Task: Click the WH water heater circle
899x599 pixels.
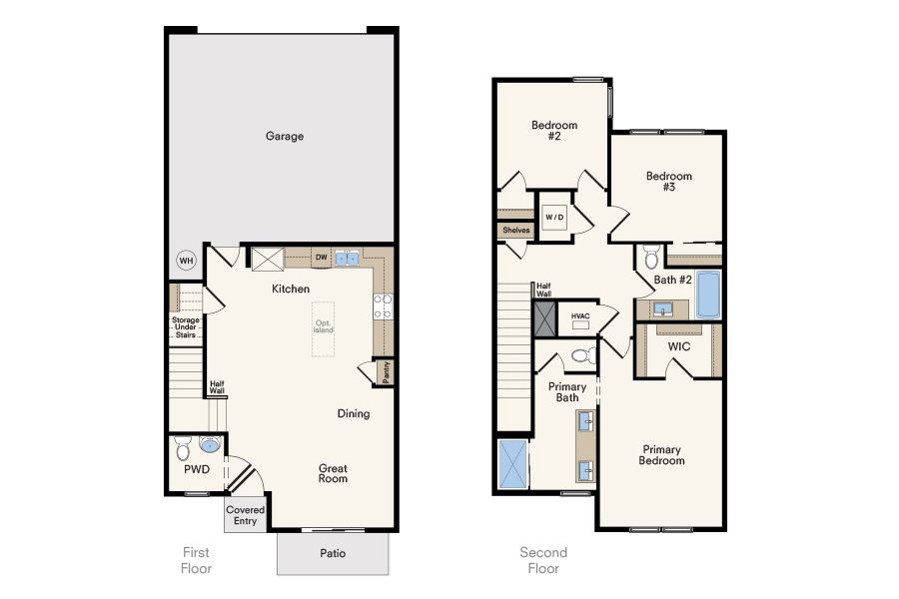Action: pyautogui.click(x=187, y=261)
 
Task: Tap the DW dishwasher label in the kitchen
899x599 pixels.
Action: pyautogui.click(x=321, y=258)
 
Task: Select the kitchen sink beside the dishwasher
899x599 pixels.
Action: pyautogui.click(x=347, y=258)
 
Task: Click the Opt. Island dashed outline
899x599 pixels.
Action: pyautogui.click(x=324, y=329)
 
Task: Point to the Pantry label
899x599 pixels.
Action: pyautogui.click(x=386, y=372)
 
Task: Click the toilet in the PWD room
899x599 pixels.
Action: pyautogui.click(x=183, y=448)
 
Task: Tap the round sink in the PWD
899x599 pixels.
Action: pyautogui.click(x=211, y=444)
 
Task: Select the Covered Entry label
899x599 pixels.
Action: pyautogui.click(x=245, y=515)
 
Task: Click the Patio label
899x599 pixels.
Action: pyautogui.click(x=333, y=553)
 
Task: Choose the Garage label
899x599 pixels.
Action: pyautogui.click(x=285, y=136)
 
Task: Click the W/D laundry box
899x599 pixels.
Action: pyautogui.click(x=554, y=218)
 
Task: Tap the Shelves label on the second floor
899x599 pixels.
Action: pyautogui.click(x=516, y=230)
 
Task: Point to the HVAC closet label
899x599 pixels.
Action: pyautogui.click(x=580, y=315)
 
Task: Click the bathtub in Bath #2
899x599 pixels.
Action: pyautogui.click(x=708, y=295)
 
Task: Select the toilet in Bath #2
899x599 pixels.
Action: pyautogui.click(x=651, y=258)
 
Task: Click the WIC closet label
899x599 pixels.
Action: pyautogui.click(x=679, y=346)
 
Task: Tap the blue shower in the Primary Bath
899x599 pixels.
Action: pyautogui.click(x=513, y=463)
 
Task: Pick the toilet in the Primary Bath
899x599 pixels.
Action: pyautogui.click(x=584, y=356)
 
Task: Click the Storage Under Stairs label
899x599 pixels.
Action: pyautogui.click(x=185, y=327)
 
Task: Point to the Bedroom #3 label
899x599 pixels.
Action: pyautogui.click(x=669, y=181)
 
